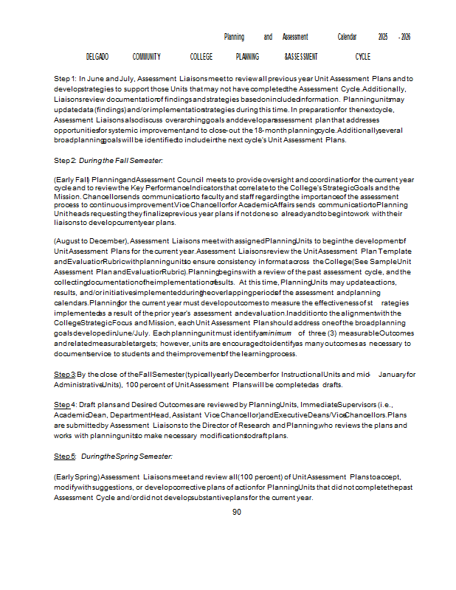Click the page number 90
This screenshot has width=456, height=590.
[237, 513]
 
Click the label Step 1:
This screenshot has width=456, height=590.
[65, 78]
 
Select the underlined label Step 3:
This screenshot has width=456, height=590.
[65, 375]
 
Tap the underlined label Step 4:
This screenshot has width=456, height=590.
[64, 405]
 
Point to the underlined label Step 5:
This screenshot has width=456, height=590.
[64, 457]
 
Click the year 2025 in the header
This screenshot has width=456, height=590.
[383, 37]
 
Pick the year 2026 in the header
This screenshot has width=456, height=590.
[404, 37]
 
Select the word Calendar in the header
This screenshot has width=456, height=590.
[347, 37]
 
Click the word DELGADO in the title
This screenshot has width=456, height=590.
[97, 57]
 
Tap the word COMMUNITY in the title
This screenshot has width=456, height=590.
[147, 57]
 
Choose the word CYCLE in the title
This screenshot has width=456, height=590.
[362, 57]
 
